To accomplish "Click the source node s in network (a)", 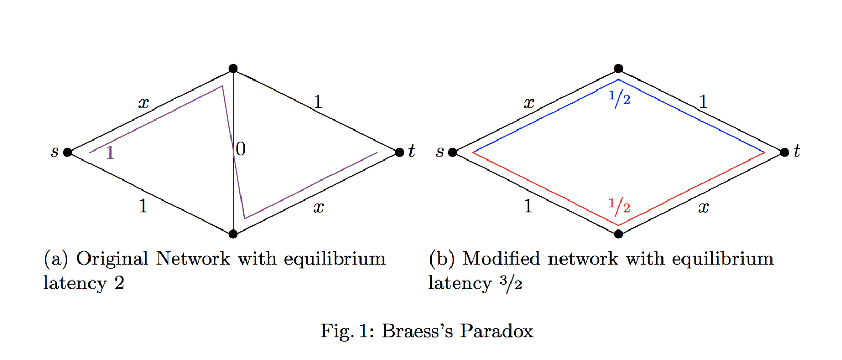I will (x=67, y=153).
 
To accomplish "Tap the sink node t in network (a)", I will (x=399, y=153).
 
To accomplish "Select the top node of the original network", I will (x=233, y=68).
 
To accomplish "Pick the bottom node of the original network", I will (x=233, y=234).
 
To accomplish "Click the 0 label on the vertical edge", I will (x=240, y=149).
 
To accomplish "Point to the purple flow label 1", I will (x=110, y=153).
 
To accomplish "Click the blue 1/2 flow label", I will (x=619, y=98).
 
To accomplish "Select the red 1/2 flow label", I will (x=619, y=206).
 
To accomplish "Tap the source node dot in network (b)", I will (x=453, y=153).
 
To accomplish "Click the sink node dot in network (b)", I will (x=785, y=153).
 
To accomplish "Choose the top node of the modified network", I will (x=618, y=68).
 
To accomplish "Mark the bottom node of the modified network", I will (x=618, y=234).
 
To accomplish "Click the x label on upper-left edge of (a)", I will (x=144, y=103).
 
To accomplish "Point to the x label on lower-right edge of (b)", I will (x=704, y=207).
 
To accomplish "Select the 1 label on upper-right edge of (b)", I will (x=703, y=102).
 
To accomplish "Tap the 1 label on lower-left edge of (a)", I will (x=143, y=206).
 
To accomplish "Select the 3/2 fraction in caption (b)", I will (x=510, y=284).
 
